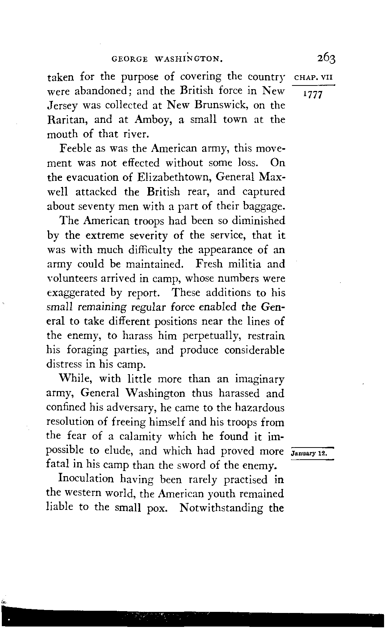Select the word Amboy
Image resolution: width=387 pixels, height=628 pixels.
click(151, 120)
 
